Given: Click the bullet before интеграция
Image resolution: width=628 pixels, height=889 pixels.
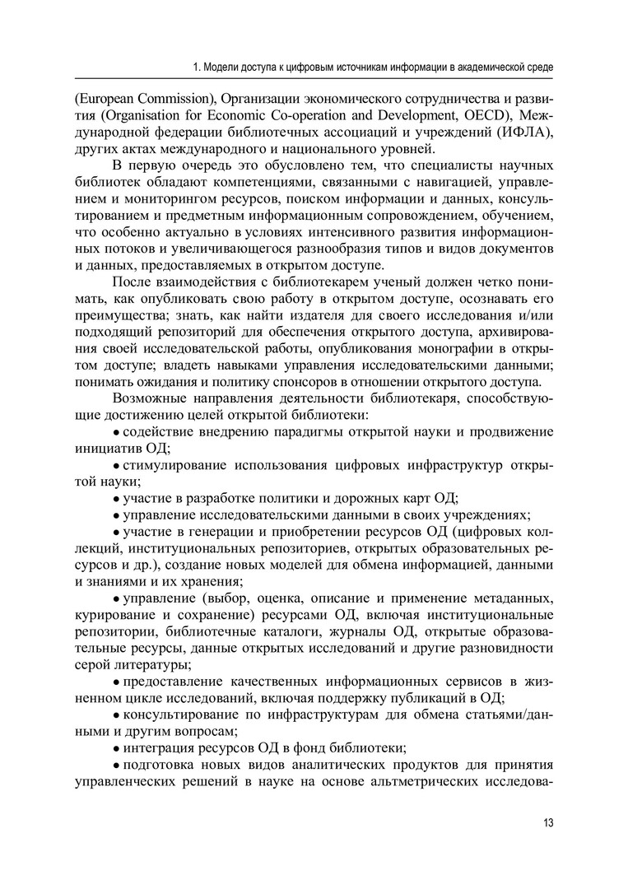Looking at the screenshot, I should tap(117, 748).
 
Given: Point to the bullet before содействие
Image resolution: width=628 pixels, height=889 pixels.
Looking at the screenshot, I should tap(117, 432).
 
